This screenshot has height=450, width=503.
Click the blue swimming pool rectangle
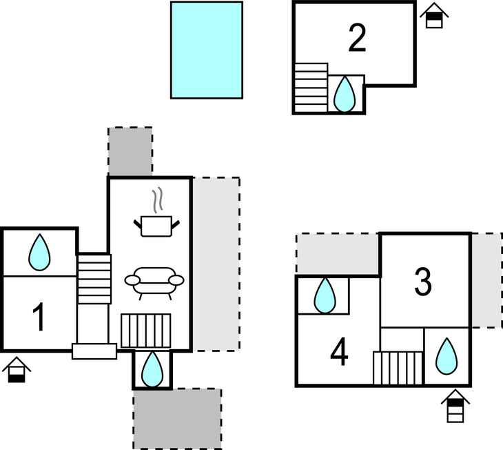pos(207,50)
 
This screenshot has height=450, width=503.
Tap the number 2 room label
pos(357,39)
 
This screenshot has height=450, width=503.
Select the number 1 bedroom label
pos(39,317)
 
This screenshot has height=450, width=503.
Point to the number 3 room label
pos(422,281)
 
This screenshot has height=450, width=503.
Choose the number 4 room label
pos(339,353)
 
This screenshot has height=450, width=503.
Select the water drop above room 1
pos(39,253)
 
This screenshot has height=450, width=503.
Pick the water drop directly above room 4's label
pos(324,296)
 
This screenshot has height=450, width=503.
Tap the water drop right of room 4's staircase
pos(447,356)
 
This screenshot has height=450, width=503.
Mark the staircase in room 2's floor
pos(311,87)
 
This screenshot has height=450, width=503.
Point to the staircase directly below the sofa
pos(145,330)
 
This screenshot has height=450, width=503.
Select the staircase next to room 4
pos(398,367)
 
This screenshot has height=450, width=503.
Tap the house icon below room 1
pos(16,370)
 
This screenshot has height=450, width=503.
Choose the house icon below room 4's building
pos(455,407)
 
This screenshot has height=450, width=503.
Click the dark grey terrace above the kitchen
pos(130,151)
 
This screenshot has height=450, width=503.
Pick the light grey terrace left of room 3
pos(338,253)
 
